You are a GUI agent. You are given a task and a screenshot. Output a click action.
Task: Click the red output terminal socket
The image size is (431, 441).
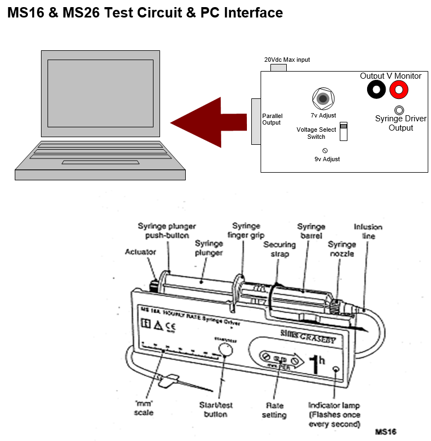399,89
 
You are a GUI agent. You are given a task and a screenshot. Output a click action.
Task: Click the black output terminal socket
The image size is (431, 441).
376,89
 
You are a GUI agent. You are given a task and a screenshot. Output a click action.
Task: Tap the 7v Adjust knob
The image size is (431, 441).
323,99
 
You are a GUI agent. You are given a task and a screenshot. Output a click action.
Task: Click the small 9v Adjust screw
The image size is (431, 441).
326,150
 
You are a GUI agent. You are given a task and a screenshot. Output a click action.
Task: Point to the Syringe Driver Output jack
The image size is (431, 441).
399,110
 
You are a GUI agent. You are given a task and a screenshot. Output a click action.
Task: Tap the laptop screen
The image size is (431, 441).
100,93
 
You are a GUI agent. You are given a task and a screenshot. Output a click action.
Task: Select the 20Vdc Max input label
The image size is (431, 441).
287,60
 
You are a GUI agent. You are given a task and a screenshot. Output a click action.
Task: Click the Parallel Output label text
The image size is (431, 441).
271,119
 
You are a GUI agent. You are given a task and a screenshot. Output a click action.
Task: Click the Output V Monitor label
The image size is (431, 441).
391,76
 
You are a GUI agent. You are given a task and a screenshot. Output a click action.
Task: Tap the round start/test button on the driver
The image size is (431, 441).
226,351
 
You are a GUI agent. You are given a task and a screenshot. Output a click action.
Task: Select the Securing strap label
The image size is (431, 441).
279,249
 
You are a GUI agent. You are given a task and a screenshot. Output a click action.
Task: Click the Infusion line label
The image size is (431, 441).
368,231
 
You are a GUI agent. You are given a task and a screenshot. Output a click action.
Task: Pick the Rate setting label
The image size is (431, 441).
274,410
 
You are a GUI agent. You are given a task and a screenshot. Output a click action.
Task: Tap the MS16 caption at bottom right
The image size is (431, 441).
385,432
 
